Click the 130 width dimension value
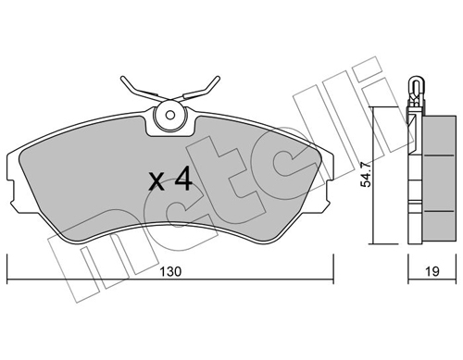pos(170,272)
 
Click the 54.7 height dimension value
pos(367,176)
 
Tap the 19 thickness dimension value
pos(432,271)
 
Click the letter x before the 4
pos(156,181)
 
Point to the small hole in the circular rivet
pos(169,115)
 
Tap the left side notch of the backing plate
pos(11,192)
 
